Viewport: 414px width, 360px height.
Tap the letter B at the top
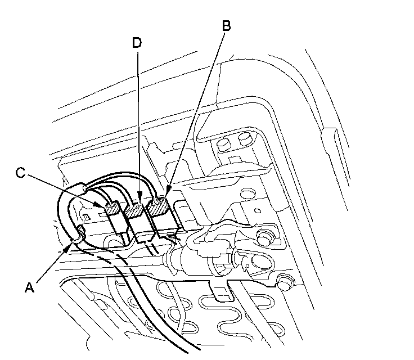click(227, 26)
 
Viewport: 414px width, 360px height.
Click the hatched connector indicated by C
click(113, 209)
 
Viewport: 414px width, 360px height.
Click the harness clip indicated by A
click(79, 232)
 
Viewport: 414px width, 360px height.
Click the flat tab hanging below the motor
click(222, 290)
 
